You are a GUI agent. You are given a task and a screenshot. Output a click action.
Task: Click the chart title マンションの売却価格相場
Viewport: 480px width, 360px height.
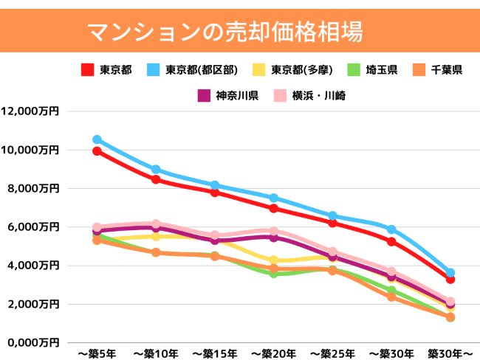[x=224, y=31]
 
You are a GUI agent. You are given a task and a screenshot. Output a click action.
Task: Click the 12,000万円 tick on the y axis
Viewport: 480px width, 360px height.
[x=30, y=111]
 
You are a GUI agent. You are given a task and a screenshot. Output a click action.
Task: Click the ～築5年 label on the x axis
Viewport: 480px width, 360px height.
[x=96, y=353]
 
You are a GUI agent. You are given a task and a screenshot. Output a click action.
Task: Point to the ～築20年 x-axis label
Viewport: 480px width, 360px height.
[x=273, y=353]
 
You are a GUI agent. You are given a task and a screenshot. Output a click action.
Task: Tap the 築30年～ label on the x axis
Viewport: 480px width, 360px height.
[x=450, y=353]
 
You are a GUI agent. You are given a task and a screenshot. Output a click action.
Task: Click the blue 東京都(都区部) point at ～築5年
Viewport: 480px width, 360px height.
[x=97, y=139]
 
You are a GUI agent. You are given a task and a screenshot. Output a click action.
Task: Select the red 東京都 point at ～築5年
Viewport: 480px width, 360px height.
[x=97, y=151]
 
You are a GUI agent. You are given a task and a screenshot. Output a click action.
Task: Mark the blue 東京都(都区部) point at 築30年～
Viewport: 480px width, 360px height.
[x=450, y=273]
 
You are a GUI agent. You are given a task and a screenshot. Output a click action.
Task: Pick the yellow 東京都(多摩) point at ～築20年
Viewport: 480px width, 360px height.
[x=274, y=260]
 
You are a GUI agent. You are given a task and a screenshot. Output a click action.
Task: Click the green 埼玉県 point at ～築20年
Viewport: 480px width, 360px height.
[x=274, y=273]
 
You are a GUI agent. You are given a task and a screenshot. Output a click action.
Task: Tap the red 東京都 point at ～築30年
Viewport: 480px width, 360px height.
[x=391, y=241]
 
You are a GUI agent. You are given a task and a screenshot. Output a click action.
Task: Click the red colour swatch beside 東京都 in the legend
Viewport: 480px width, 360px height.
[x=87, y=70]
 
